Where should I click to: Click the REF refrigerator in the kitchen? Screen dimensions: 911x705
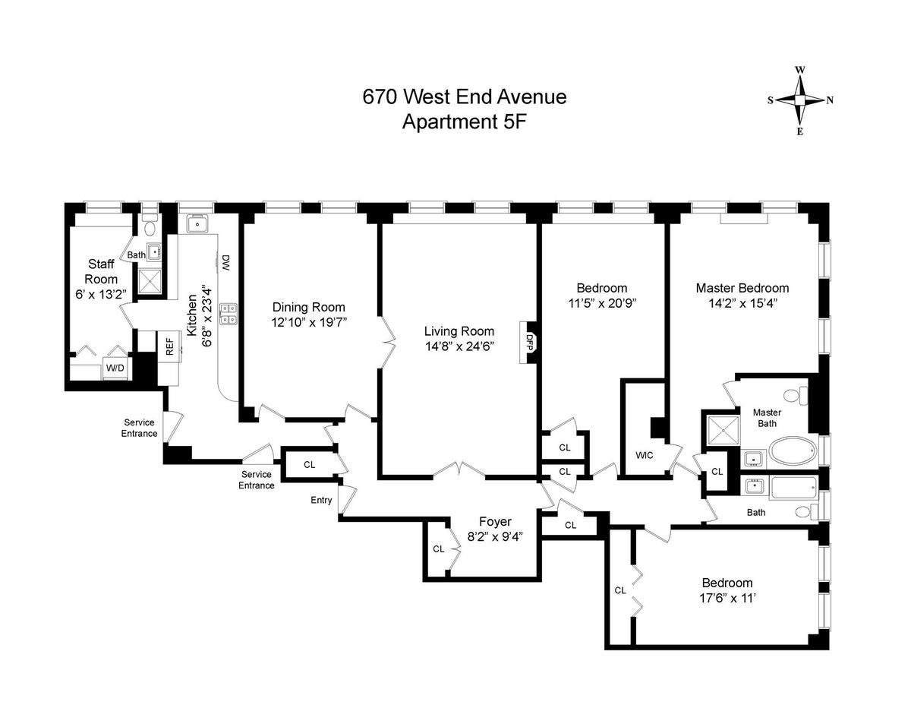tap(169, 346)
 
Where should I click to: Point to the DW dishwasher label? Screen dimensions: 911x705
tap(225, 263)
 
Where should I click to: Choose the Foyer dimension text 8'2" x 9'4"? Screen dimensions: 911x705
tap(495, 536)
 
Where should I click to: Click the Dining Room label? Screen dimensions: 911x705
tap(309, 307)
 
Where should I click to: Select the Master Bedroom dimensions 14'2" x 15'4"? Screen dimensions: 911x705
tap(742, 302)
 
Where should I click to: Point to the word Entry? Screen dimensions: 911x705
tap(321, 500)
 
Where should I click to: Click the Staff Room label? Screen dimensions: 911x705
tap(101, 271)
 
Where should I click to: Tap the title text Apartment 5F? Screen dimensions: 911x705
tap(464, 121)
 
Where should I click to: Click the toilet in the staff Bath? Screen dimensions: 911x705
tap(150, 226)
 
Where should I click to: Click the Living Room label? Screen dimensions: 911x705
tap(459, 331)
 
